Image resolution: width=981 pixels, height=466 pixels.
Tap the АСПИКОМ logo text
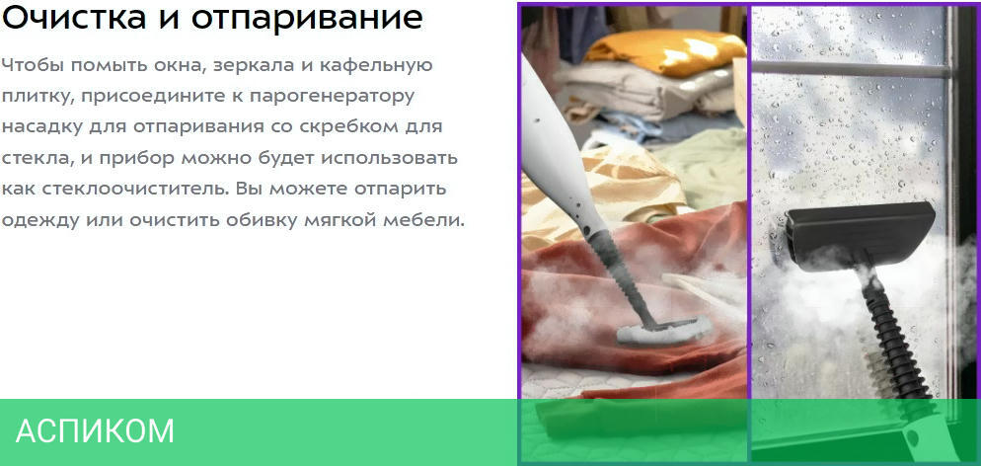[95, 431]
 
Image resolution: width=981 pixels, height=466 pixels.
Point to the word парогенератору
[332, 97]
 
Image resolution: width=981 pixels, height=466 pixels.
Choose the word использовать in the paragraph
[389, 158]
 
